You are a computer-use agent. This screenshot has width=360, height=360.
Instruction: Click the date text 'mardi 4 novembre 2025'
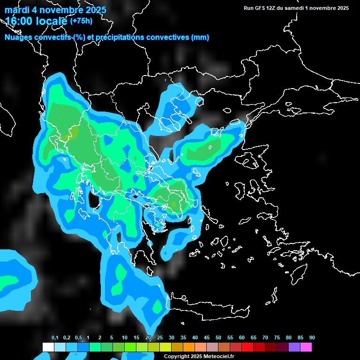[x=55, y=10]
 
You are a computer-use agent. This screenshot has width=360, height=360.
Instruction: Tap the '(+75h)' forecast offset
[x=81, y=21]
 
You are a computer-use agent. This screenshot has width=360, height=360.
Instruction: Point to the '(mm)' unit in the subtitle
[x=200, y=37]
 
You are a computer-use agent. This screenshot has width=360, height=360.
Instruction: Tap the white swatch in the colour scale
[x=48, y=347]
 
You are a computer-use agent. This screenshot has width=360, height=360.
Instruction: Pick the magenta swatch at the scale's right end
[x=306, y=347]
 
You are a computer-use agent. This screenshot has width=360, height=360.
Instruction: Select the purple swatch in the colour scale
[x=294, y=347]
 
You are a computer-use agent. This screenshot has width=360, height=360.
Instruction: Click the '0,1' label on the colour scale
[x=55, y=338]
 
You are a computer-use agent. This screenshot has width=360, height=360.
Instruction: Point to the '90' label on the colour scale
[x=312, y=338]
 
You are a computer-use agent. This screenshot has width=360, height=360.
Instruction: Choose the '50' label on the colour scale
[x=218, y=338]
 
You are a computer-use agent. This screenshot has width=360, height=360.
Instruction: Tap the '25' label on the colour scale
[x=160, y=338]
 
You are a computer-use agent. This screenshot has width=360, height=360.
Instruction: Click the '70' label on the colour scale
[x=265, y=338]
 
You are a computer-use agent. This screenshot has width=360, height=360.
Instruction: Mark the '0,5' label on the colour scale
[x=78, y=338]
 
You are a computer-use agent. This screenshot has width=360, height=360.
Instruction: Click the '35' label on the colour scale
[x=183, y=338]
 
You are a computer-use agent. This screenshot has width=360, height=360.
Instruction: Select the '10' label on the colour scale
[x=125, y=338]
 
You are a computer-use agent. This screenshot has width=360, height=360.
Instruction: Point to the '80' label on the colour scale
[x=289, y=338]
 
